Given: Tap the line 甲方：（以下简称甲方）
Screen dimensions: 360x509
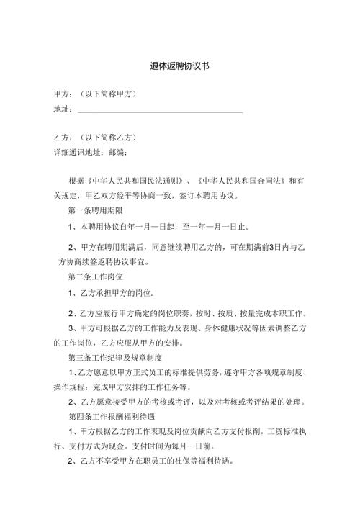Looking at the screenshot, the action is click(x=96, y=94).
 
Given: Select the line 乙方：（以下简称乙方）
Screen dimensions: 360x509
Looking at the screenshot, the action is click(x=96, y=137).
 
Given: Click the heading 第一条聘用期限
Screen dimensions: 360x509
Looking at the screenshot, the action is click(x=95, y=211).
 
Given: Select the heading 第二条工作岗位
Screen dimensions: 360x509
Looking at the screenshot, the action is click(x=95, y=276).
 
